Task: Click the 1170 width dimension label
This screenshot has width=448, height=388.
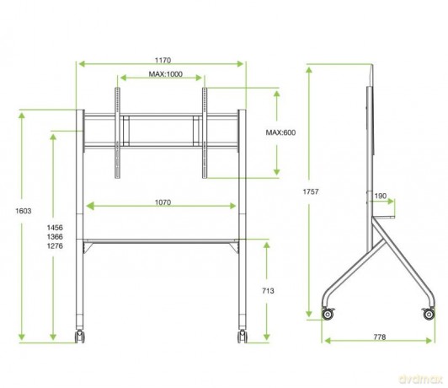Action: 163,61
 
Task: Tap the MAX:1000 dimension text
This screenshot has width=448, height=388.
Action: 165,74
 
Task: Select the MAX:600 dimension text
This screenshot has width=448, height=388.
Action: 280,132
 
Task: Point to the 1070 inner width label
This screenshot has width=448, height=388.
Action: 163,202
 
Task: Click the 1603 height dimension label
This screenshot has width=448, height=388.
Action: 23,211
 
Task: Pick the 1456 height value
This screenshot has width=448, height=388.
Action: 55,228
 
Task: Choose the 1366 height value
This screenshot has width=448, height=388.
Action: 55,237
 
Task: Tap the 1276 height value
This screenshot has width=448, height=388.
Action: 55,245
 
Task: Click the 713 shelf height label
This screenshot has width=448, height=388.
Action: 268,291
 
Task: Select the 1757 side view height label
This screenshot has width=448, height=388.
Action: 311,191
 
